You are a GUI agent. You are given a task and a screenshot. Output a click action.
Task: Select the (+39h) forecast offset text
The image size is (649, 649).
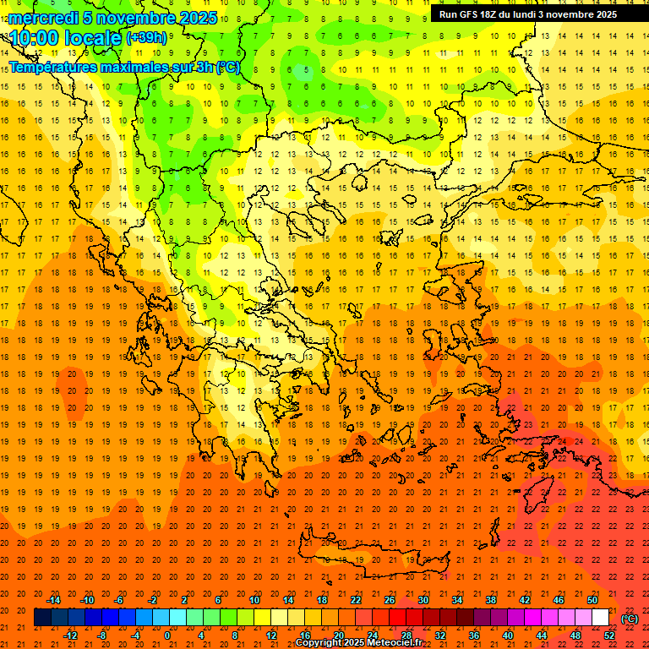[x=146, y=38]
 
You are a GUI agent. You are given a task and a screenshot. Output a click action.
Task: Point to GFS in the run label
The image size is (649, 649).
[x=472, y=14]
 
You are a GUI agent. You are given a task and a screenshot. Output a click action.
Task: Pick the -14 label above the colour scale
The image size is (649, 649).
[x=53, y=600]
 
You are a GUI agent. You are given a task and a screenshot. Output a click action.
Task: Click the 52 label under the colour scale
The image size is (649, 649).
[x=610, y=635]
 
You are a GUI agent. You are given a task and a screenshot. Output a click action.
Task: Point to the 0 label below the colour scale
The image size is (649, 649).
[x=166, y=635]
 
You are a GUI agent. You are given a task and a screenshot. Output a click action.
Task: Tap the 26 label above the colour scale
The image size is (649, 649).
[x=390, y=600]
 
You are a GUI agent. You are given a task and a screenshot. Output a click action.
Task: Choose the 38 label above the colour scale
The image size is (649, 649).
[x=490, y=600]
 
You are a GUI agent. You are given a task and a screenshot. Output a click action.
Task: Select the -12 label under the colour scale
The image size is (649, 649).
[x=70, y=635]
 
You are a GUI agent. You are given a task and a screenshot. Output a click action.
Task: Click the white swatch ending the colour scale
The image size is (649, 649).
[x=600, y=618]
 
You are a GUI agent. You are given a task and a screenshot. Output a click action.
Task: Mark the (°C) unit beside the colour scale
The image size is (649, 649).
[x=630, y=619]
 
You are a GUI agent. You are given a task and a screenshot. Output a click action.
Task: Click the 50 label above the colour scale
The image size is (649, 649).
[x=592, y=600]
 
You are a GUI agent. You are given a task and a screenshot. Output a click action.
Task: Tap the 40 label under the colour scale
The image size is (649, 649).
[x=507, y=635]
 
